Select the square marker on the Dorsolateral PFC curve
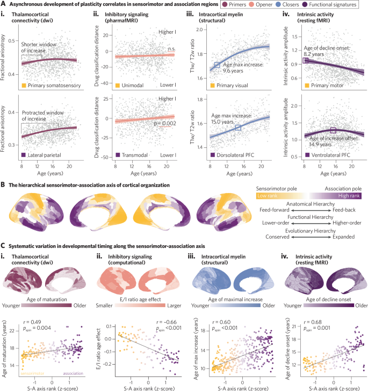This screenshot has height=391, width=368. coord(238,127)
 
